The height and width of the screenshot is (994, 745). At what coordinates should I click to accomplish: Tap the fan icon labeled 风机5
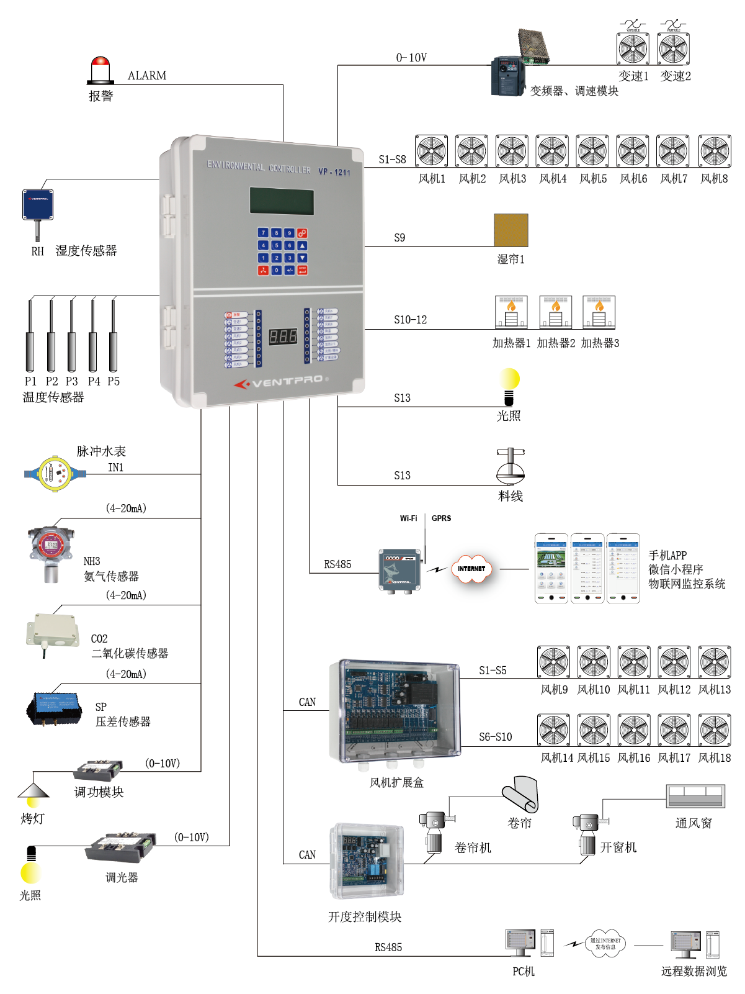point(592,151)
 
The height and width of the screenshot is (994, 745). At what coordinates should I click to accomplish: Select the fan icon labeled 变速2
point(673,48)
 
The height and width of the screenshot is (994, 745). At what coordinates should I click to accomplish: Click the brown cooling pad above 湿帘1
point(511,230)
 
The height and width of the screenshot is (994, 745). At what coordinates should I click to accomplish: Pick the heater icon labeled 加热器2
point(555,312)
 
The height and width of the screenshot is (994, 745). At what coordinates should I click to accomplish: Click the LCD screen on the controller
point(282,201)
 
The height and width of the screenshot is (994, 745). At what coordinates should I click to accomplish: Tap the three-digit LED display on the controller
point(282,337)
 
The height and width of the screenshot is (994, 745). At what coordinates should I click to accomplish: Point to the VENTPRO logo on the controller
point(282,381)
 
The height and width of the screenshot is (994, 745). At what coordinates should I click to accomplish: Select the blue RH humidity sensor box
point(38,205)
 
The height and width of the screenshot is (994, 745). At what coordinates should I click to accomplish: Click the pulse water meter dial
point(55,474)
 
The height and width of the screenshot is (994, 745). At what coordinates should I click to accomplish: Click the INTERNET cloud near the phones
point(471,569)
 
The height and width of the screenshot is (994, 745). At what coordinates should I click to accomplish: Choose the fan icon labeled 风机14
point(553,730)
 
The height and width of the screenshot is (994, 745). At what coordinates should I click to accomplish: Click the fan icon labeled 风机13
point(714,662)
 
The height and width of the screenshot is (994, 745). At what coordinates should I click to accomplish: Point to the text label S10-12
point(410,320)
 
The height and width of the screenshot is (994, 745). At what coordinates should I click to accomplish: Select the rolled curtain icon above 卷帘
point(521,795)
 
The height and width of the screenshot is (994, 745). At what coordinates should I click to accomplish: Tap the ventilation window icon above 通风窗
point(695,796)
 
